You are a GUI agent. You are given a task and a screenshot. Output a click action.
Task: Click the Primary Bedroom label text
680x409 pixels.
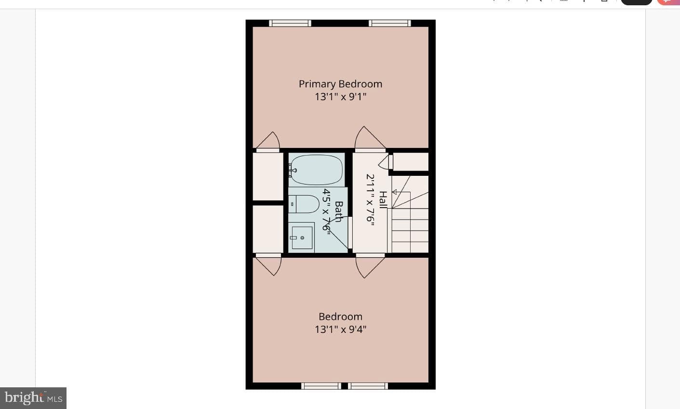(340, 84)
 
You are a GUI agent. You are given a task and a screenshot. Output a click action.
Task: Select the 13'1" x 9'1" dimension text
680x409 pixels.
(340, 97)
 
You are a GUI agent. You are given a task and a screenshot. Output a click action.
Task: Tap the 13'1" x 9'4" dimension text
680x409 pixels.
(340, 329)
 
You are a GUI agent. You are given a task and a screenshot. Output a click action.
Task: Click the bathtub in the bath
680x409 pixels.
(316, 170)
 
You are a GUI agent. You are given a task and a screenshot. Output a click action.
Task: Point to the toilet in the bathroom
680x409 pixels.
(304, 204)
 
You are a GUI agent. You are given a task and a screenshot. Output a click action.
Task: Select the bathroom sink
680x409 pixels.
(301, 237)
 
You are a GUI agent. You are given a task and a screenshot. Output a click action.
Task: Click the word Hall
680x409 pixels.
(384, 199)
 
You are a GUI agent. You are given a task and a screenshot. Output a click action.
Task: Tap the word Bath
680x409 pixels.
(339, 211)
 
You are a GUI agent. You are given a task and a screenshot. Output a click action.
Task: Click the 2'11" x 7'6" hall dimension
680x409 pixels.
(370, 199)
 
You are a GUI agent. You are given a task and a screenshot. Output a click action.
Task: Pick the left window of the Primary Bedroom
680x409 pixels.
(290, 23)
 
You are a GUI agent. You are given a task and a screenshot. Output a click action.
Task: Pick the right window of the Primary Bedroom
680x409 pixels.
(390, 23)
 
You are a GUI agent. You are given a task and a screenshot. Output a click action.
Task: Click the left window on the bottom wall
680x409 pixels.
(321, 386)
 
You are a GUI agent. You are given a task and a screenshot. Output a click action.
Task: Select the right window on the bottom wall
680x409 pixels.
(368, 386)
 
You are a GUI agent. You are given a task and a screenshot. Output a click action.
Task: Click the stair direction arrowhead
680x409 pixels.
(394, 192)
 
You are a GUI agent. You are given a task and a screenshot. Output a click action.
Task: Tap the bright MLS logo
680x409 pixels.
(33, 398)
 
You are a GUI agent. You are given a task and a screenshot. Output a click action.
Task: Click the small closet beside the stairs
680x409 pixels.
(411, 162)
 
